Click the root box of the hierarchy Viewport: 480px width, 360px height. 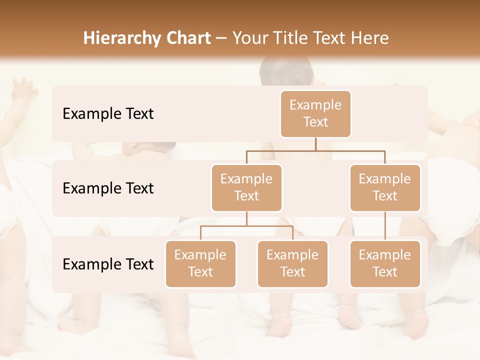click(315, 113)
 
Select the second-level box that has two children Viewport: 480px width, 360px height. click(246, 187)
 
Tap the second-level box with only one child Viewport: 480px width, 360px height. click(385, 187)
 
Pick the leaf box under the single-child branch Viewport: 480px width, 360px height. click(385, 263)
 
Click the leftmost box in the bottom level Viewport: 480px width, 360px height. click(200, 263)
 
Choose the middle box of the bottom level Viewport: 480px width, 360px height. click(292, 263)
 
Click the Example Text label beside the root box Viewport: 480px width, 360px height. click(108, 113)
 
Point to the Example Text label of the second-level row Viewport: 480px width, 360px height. click(108, 188)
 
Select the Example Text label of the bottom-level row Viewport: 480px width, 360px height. click(108, 264)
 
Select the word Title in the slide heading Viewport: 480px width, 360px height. click(290, 38)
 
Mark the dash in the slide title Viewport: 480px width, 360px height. click(221, 38)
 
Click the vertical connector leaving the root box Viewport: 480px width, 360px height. click(315, 144)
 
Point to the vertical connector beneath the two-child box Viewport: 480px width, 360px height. click(246, 218)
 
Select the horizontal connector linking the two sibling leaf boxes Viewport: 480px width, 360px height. click(246, 226)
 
